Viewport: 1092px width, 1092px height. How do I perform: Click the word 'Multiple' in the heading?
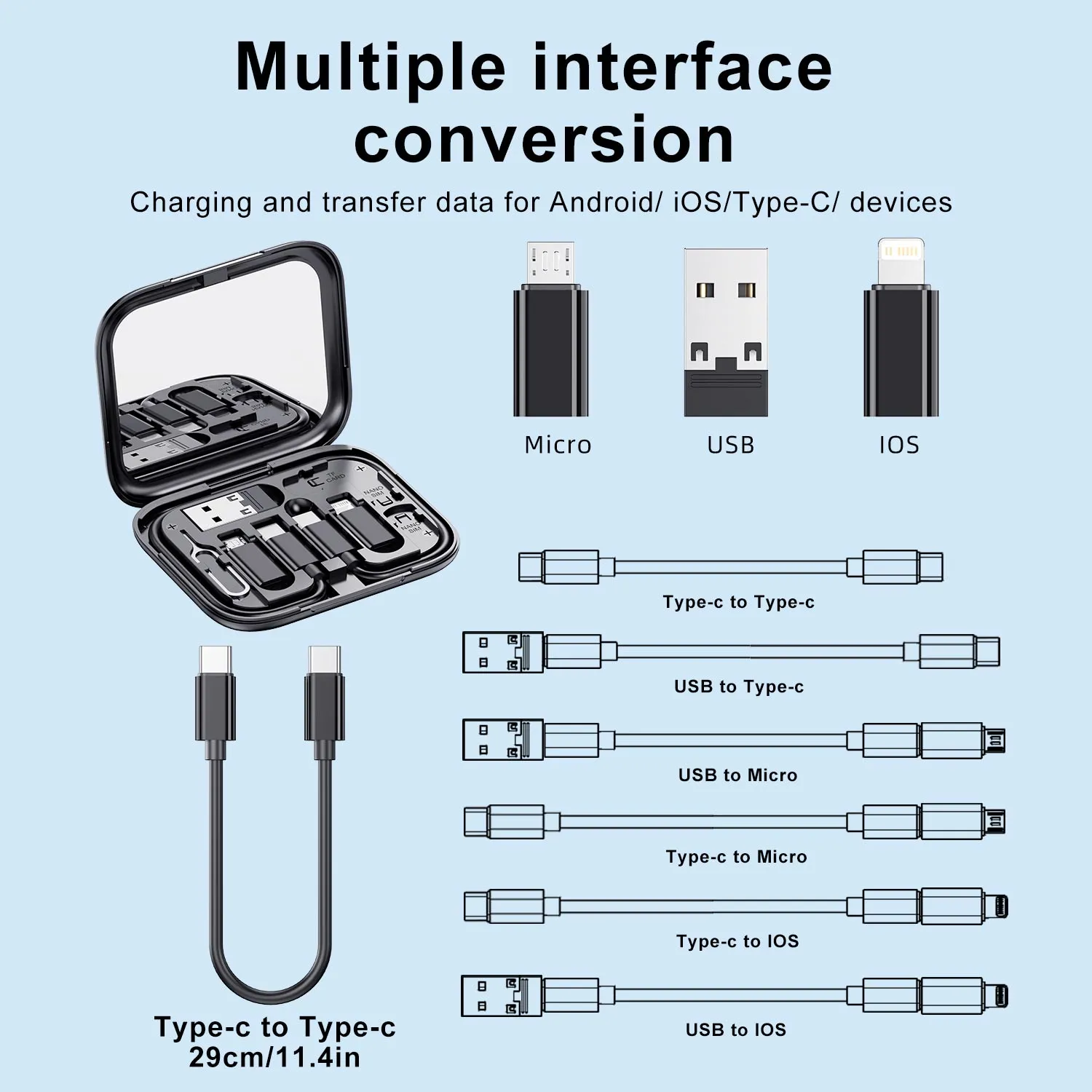[371, 67]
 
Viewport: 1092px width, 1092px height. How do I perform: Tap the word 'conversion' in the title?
[544, 140]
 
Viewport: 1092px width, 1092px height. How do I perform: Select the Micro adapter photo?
[551, 331]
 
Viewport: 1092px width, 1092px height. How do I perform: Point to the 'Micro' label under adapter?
[558, 445]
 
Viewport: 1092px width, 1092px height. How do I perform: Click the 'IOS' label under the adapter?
[899, 445]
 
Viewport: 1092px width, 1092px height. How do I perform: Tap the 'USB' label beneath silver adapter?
[730, 445]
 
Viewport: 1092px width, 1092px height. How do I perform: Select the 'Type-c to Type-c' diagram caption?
[738, 602]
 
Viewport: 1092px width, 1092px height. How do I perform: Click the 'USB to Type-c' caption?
[738, 687]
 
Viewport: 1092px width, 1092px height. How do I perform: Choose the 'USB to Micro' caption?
[737, 775]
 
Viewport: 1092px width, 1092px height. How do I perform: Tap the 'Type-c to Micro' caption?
[736, 857]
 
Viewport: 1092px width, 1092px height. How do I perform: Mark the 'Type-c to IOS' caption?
[737, 941]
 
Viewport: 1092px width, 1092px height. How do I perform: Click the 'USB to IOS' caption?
[735, 1030]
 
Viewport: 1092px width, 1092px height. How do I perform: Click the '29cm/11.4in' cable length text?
[274, 1057]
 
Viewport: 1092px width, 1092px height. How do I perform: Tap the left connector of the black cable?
[215, 699]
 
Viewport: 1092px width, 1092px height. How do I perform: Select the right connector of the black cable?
[325, 699]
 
